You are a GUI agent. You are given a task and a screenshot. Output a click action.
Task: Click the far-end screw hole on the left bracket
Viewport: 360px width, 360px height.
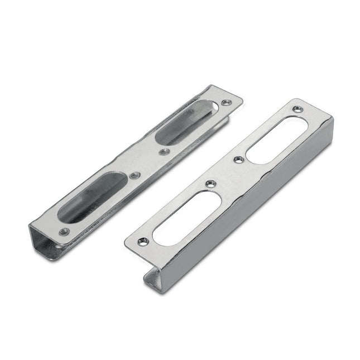(225, 102)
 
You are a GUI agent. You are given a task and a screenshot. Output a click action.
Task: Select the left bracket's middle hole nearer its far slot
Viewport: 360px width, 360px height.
(162, 151)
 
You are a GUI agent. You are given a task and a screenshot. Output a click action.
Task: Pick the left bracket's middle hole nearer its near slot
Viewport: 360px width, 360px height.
(134, 175)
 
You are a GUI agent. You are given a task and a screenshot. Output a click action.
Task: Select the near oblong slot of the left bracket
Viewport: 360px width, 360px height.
(92, 196)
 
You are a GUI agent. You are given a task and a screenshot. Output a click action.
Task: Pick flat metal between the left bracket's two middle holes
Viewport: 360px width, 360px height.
(148, 163)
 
